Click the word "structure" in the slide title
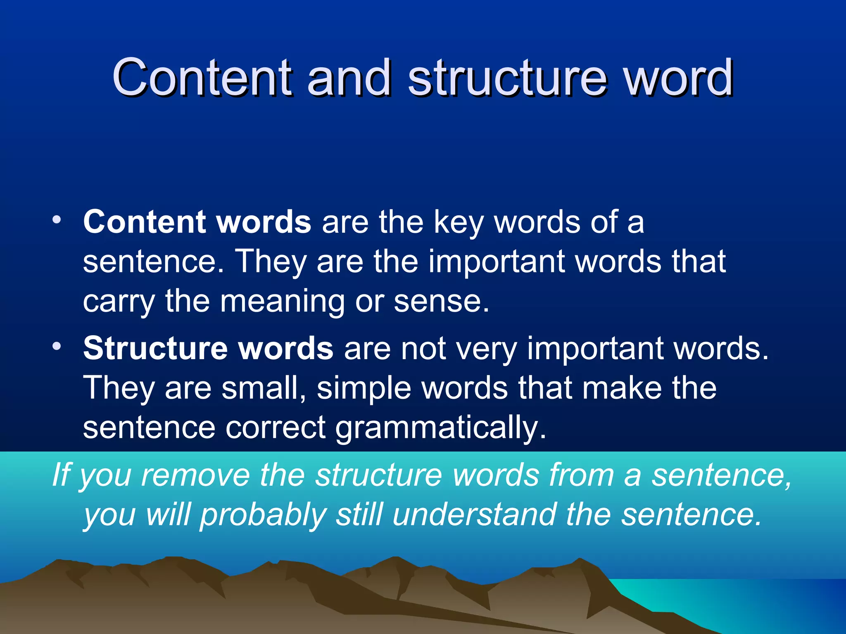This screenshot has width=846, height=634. [x=507, y=78]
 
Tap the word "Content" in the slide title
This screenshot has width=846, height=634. [x=202, y=78]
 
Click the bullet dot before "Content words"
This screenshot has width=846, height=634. [x=57, y=219]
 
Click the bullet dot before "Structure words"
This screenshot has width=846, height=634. [x=57, y=345]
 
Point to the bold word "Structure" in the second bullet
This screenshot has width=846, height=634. [x=155, y=348]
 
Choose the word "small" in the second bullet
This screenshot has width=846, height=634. [x=263, y=388]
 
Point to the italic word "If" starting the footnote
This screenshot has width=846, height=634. [x=62, y=475]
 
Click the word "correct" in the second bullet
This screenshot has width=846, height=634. [x=275, y=427]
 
